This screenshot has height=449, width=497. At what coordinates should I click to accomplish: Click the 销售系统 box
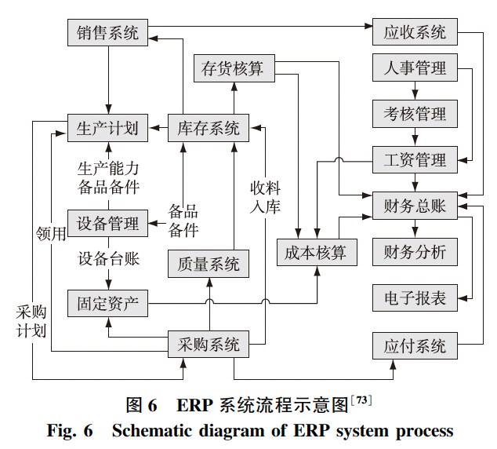[107, 33]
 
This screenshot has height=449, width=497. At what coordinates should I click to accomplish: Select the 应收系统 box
[415, 33]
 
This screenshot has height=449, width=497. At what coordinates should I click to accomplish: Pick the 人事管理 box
[415, 69]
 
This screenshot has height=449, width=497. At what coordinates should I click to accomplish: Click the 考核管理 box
[415, 115]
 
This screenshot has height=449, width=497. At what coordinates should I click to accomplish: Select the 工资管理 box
[415, 161]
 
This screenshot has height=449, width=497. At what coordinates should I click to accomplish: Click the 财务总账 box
[415, 206]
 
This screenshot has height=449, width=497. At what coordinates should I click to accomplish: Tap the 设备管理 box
[107, 223]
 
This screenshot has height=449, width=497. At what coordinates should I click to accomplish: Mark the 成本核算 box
[317, 252]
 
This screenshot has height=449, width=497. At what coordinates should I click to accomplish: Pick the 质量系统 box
[209, 264]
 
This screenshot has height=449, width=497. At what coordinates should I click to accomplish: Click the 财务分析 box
[415, 252]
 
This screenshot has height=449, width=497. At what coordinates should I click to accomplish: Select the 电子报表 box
[415, 298]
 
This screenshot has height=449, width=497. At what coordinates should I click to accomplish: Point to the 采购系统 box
[209, 344]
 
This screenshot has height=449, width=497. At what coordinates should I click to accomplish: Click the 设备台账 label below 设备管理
[108, 259]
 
